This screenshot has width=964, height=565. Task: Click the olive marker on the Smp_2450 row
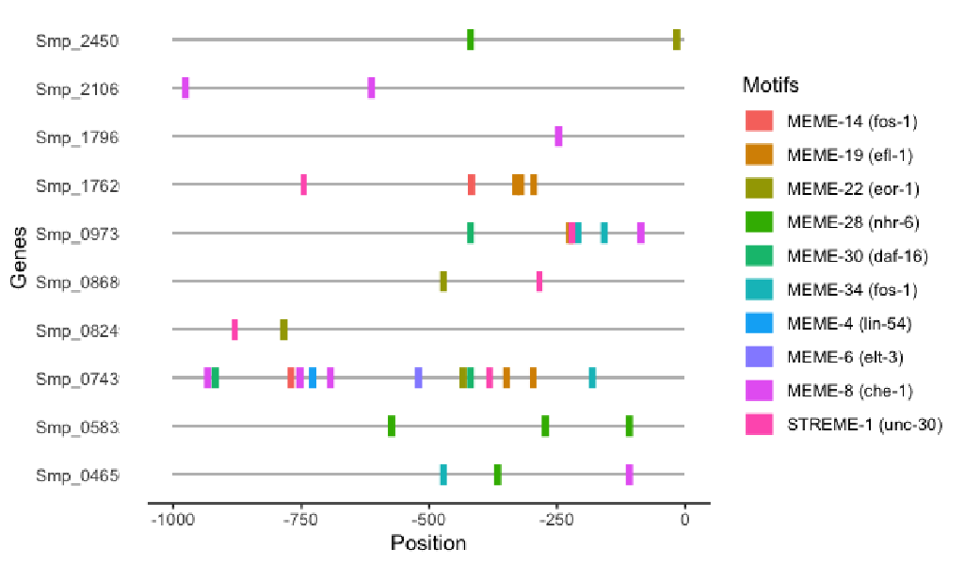[677, 40]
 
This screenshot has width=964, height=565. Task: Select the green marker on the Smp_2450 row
[471, 40]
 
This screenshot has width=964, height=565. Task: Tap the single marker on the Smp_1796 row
[558, 137]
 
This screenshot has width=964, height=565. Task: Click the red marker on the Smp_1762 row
[472, 185]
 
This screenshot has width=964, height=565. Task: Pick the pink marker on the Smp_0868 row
[539, 281]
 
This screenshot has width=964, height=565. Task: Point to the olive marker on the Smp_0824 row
[283, 330]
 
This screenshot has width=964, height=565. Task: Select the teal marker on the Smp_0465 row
[443, 475]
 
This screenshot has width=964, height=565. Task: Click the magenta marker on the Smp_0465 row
[629, 475]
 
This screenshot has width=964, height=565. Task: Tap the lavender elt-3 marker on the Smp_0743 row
[418, 378]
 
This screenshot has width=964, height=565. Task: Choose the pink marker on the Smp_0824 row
[234, 330]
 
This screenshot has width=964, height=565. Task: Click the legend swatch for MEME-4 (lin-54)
[759, 323]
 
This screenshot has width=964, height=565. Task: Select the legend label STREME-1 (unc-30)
[864, 425]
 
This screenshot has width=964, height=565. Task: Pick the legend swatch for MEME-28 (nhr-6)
[759, 221]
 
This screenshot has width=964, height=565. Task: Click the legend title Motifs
[771, 85]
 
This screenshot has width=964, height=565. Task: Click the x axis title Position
[428, 543]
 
